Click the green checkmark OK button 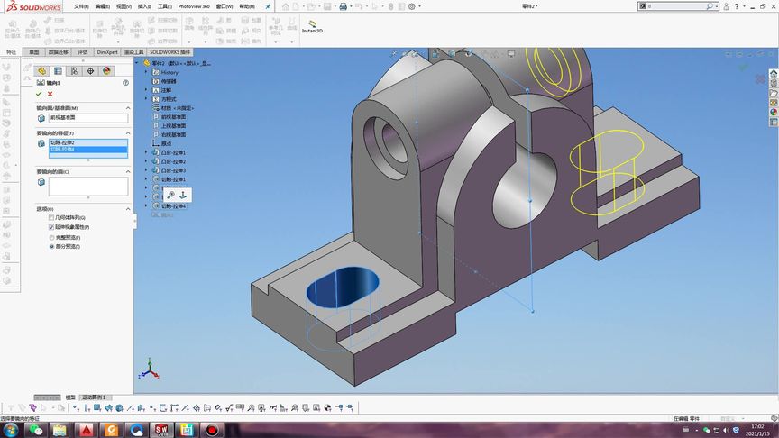tap(39, 94)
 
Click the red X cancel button tap(50, 94)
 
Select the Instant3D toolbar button tap(312, 27)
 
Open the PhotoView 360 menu tap(194, 5)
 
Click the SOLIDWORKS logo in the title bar tap(28, 6)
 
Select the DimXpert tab tap(107, 52)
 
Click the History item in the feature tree tap(170, 72)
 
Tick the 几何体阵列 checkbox tap(51, 217)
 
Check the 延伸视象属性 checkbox tap(51, 227)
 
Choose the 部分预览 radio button tap(51, 245)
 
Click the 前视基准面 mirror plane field tap(87, 118)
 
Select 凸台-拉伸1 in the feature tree tap(173, 153)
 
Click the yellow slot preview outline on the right tap(607, 176)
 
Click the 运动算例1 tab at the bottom tap(94, 397)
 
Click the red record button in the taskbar tap(210, 430)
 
